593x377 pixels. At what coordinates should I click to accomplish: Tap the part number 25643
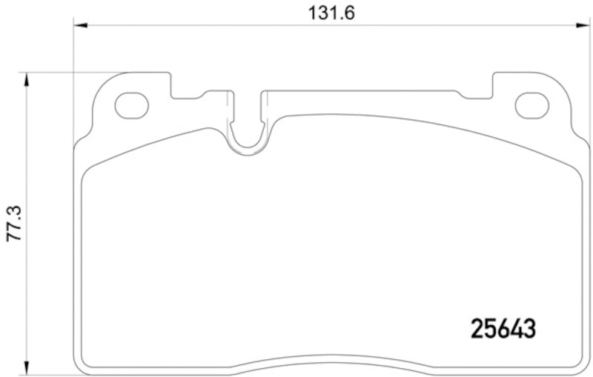503,327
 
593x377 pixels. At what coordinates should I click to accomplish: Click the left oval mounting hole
131,106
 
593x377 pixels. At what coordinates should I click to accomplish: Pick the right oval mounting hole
531,106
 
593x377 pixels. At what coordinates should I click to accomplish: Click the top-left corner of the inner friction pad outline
87,170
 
